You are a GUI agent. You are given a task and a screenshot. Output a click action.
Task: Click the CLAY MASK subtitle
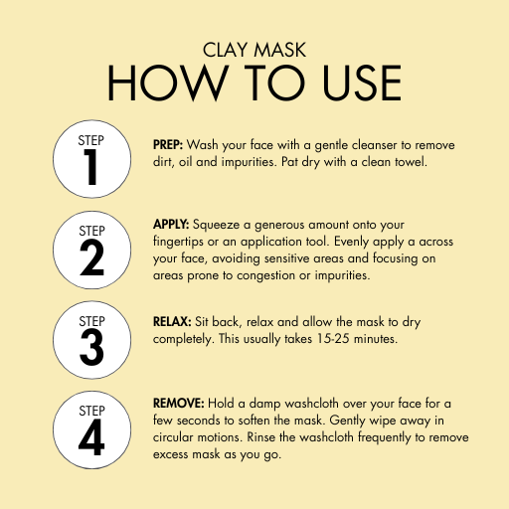pos(254,50)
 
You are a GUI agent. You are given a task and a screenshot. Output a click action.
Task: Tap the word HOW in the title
pos(168,83)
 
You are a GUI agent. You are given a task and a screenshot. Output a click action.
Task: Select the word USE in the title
pos(362,83)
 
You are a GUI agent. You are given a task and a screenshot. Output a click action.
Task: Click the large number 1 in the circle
pos(90,167)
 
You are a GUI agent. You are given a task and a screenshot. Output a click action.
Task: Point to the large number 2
pos(91,257)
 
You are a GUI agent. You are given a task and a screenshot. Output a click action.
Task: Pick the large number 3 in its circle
pos(91,348)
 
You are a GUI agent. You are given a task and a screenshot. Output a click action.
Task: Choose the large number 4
pos(91,437)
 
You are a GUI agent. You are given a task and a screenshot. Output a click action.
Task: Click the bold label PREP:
pos(168,145)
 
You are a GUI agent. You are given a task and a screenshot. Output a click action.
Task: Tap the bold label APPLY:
pos(171,225)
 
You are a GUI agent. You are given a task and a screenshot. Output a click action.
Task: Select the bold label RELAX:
pos(172,322)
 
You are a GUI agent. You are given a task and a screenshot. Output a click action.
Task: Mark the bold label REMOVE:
pos(178,404)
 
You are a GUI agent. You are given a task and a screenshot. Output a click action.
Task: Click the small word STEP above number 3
pos(91,321)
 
